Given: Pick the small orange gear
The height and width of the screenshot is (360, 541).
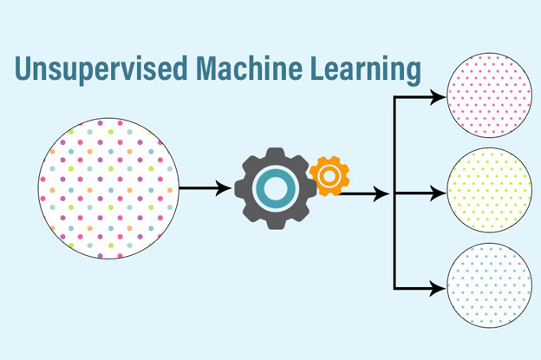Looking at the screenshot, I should click(x=329, y=176).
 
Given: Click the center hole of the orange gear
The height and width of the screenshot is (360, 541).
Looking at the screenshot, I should click(x=329, y=176).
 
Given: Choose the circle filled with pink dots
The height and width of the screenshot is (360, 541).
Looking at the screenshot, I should click(x=488, y=95).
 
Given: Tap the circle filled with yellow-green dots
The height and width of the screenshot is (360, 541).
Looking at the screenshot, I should click(x=488, y=191).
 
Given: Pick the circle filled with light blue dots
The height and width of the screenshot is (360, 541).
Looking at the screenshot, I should click(x=488, y=285).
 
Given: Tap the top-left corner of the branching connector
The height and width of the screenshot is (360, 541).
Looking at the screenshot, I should click(x=394, y=98).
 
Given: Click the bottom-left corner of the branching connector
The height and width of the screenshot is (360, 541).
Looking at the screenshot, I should click(x=394, y=287).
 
